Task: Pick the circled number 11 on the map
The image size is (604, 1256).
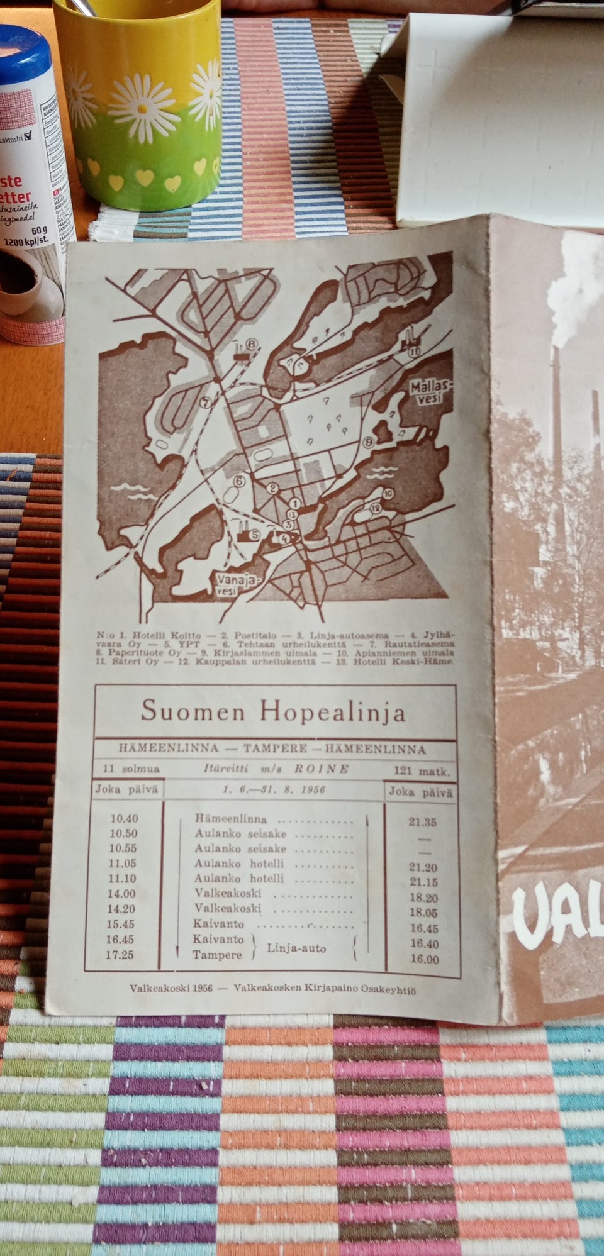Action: coord(413,352)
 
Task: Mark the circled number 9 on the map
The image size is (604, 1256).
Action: coord(369,443)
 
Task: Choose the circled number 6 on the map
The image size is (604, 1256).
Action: coord(238,482)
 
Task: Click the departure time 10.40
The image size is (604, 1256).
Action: coord(123,819)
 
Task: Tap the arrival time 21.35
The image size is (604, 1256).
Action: coord(422,822)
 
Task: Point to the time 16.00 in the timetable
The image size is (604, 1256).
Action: coord(423,959)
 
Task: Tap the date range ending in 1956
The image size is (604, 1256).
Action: coord(274,790)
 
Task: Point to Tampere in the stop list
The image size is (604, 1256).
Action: coord(218,955)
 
